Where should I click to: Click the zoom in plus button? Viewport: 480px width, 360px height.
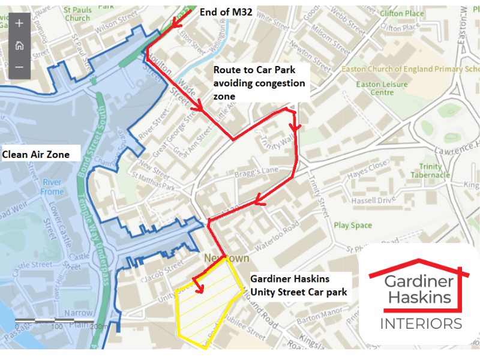tap(19, 23)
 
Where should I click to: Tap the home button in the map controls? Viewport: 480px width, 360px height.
tap(19, 45)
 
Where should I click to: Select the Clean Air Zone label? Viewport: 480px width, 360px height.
tap(36, 154)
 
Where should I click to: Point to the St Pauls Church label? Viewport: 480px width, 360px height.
tap(78, 14)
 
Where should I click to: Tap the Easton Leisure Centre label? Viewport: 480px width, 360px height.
tap(382, 89)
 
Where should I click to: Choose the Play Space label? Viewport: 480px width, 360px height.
tap(353, 226)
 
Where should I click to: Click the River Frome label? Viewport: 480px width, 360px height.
tap(52, 187)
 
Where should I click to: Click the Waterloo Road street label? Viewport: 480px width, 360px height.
tap(276, 233)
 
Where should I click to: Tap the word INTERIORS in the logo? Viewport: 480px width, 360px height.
tap(421, 323)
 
